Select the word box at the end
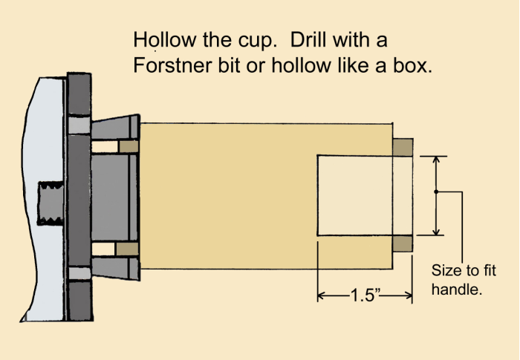click(413, 65)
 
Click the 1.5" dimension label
click(365, 295)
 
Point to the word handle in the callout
click(457, 289)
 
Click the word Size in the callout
click(447, 270)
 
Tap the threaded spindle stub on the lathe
click(51, 203)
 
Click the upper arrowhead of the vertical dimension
click(437, 160)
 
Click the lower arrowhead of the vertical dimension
click(437, 231)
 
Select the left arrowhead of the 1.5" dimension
click(322, 295)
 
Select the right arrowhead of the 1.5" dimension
click(409, 295)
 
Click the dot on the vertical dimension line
click(436, 192)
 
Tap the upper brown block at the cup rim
click(403, 148)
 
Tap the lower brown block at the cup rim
click(403, 243)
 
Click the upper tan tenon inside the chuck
click(129, 146)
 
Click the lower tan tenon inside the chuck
click(127, 249)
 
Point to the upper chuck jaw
click(115, 127)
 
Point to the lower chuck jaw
click(115, 268)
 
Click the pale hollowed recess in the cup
click(365, 195)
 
